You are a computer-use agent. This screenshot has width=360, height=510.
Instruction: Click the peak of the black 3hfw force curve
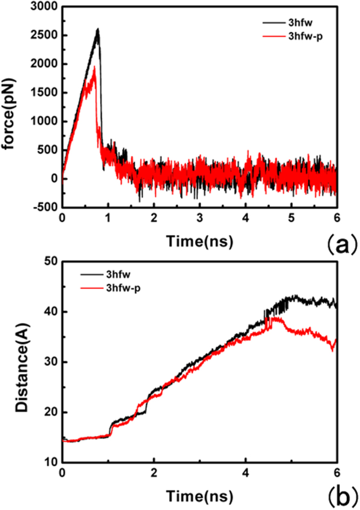[98, 29]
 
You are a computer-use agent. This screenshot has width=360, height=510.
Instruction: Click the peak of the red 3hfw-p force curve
[95, 67]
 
